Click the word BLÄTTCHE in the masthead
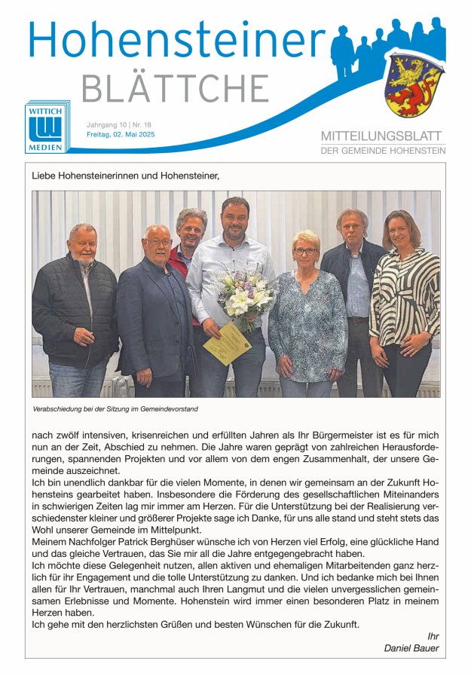coord(174,89)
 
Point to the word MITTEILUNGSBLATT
coord(383,136)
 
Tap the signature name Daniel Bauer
coord(411,648)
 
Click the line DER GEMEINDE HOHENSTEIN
coord(383,151)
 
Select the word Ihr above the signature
coord(432,636)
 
